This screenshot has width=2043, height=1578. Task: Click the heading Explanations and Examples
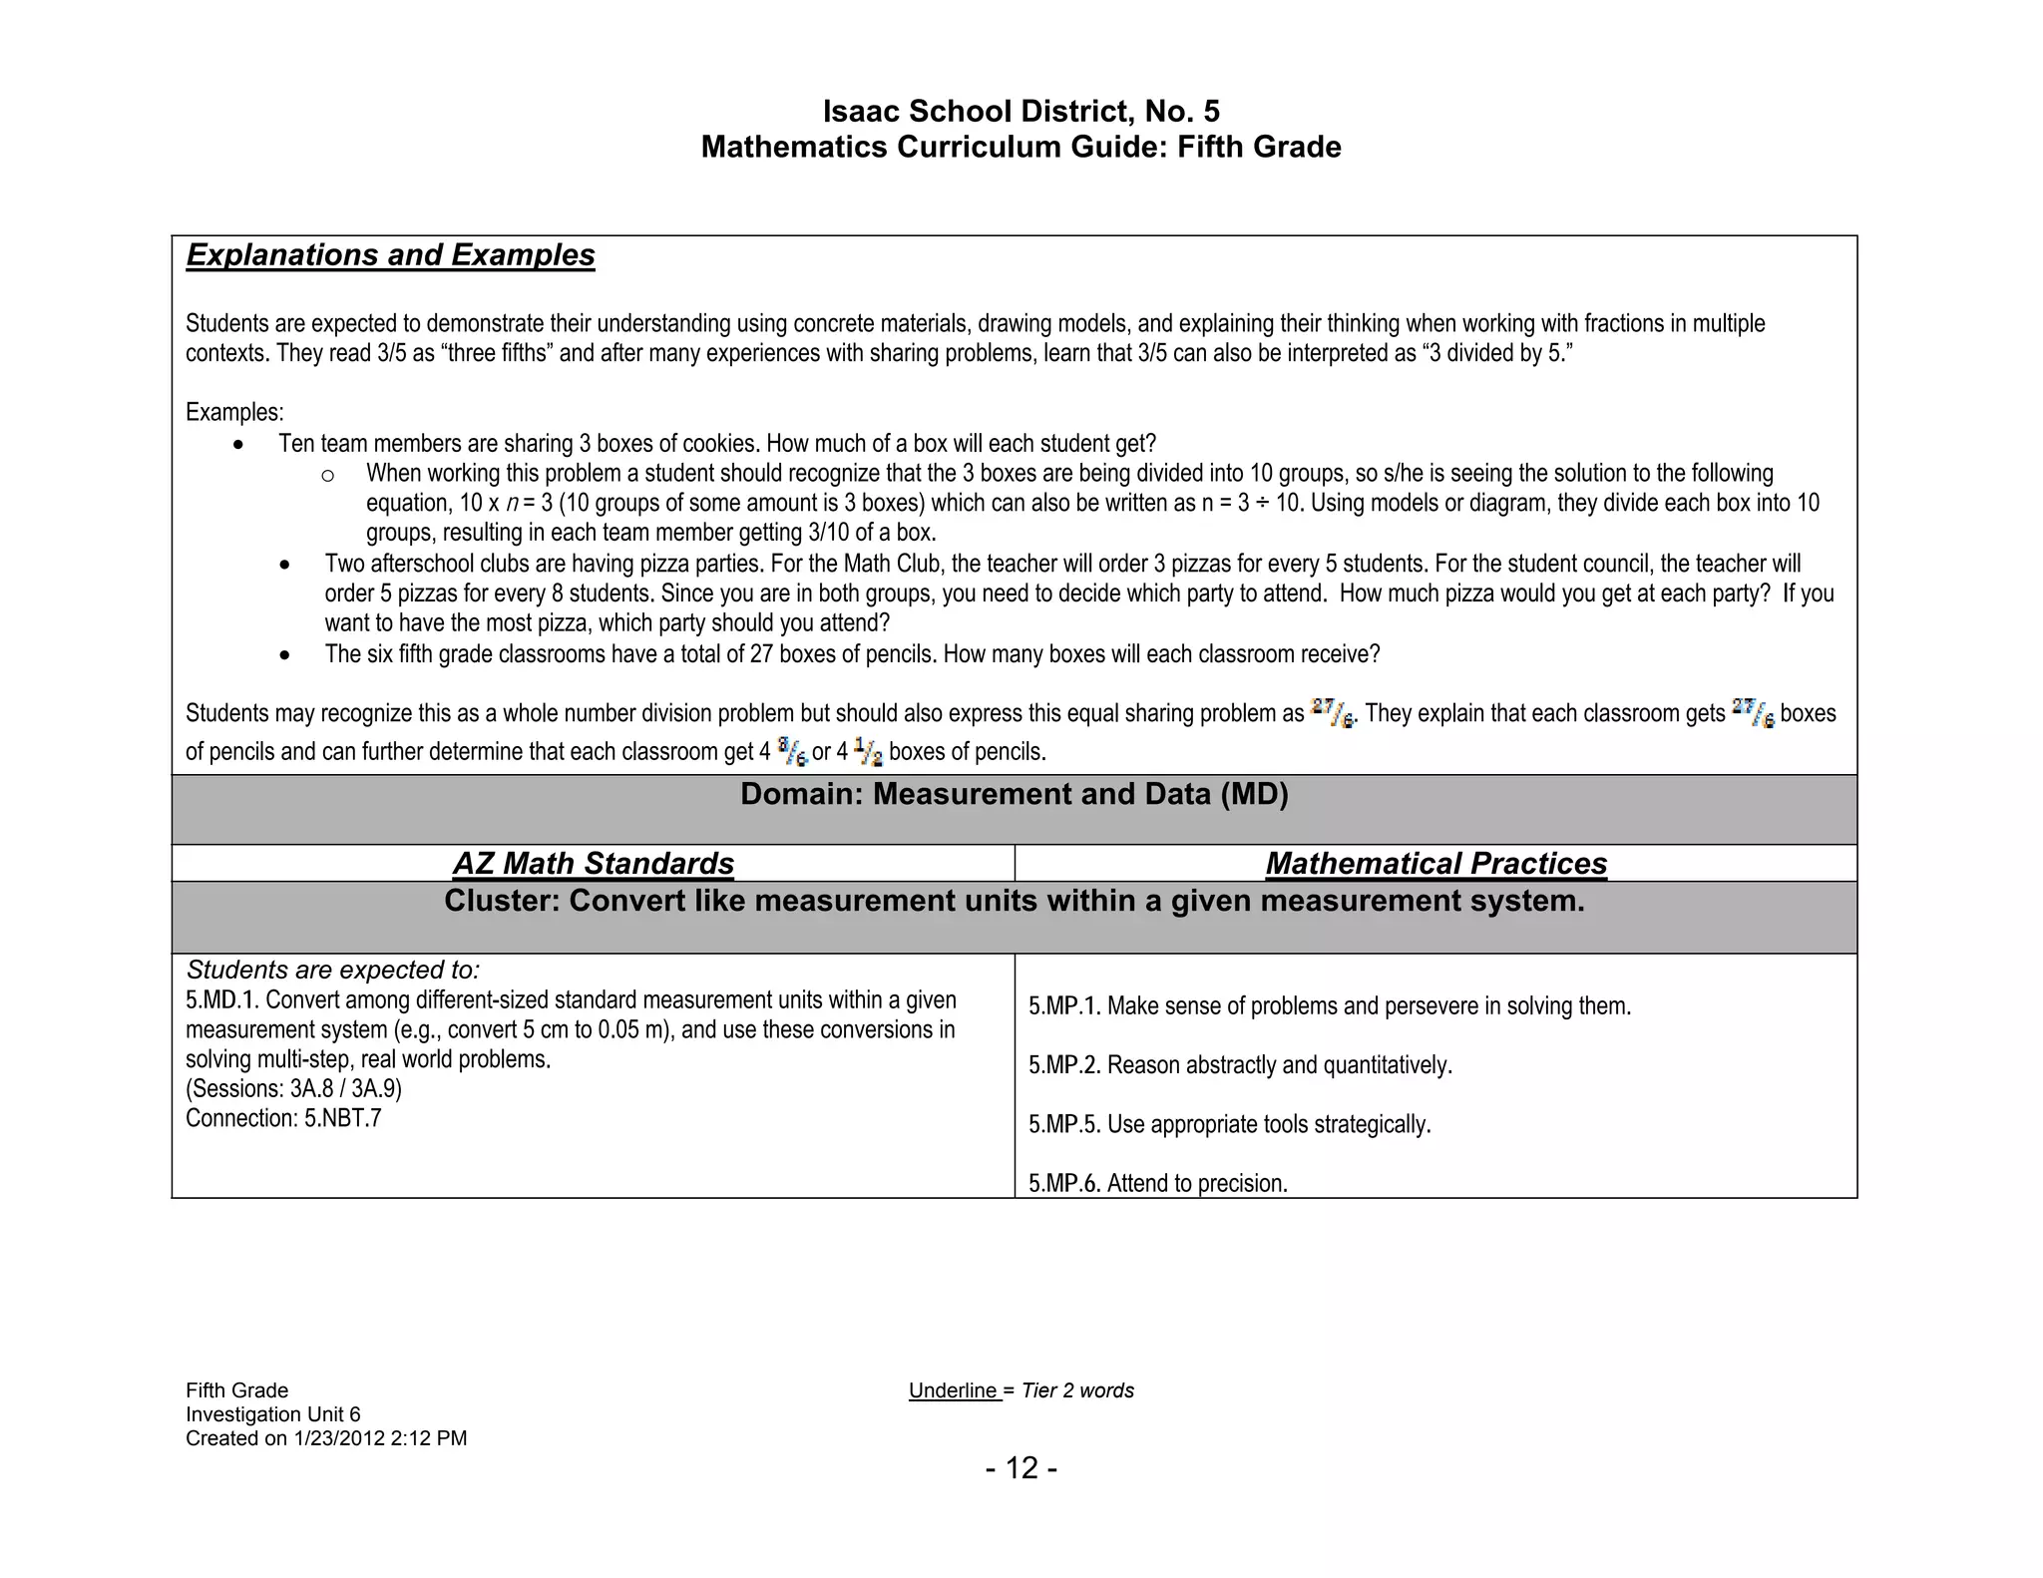[x=390, y=255]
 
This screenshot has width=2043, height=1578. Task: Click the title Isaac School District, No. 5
[x=1021, y=111]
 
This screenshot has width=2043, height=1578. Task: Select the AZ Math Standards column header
[x=593, y=864]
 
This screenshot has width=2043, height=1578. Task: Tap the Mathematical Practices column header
[x=1435, y=864]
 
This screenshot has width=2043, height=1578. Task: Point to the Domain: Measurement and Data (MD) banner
[x=1014, y=795]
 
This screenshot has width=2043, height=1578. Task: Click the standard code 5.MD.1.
[x=221, y=1000]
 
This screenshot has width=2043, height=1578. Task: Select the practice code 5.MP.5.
[x=1064, y=1125]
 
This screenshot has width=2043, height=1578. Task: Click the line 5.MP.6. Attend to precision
[x=1157, y=1184]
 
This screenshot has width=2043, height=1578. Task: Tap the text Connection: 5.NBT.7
[x=283, y=1119]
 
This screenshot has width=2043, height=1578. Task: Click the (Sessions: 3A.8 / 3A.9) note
[x=293, y=1089]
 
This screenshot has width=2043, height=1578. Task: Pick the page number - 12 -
[x=1021, y=1468]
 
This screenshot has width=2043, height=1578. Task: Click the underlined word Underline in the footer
[x=953, y=1391]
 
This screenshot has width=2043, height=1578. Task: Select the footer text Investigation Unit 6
[x=272, y=1415]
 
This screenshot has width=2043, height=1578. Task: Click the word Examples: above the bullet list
[x=234, y=413]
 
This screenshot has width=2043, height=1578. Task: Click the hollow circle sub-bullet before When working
[x=327, y=476]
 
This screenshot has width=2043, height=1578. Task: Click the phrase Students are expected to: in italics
[x=333, y=971]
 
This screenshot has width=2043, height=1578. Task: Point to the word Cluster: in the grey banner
[x=502, y=902]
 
